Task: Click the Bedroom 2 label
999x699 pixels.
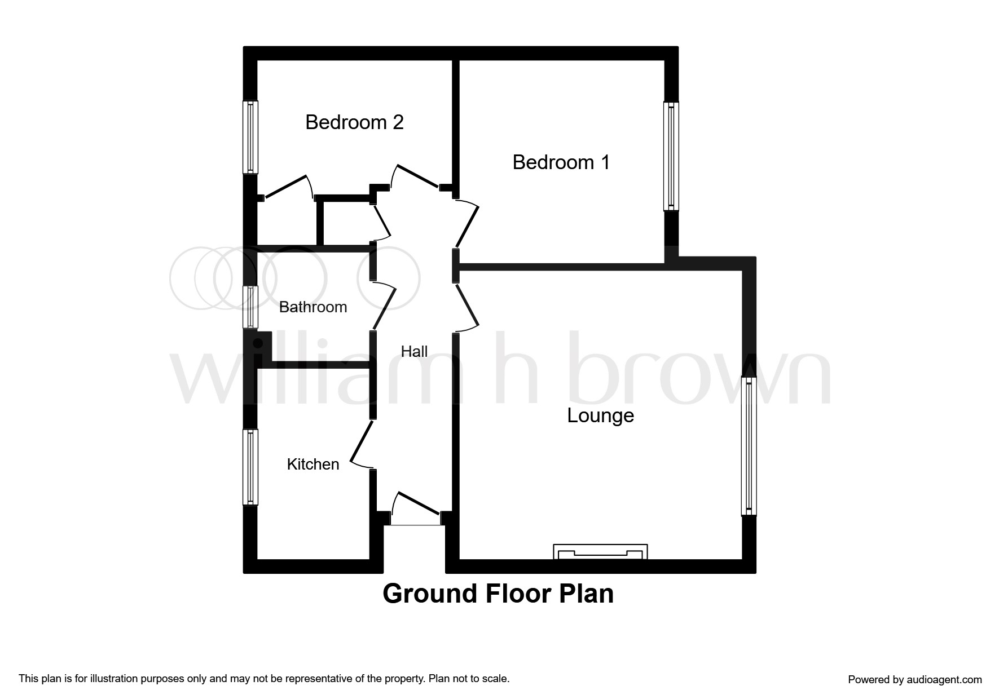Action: pos(354,122)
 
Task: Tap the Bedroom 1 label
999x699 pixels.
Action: pos(561,162)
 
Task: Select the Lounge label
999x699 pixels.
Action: pos(600,415)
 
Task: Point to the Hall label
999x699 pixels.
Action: pos(414,352)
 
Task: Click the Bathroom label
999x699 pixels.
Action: pos(313,307)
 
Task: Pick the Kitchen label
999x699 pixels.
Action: pos(313,464)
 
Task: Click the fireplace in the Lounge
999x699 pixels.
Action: pos(600,551)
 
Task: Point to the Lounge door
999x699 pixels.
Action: pos(467,307)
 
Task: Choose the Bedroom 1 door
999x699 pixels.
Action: pos(467,224)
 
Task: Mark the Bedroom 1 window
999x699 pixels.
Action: pos(671,156)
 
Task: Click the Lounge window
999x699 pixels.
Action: pos(749,446)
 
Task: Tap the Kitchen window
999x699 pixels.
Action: pos(250,467)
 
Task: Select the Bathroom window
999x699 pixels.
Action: pos(250,307)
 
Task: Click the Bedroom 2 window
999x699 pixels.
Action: pos(250,138)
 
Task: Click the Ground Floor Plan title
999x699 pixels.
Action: pos(498,594)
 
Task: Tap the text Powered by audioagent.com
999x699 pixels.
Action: pos(914,680)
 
